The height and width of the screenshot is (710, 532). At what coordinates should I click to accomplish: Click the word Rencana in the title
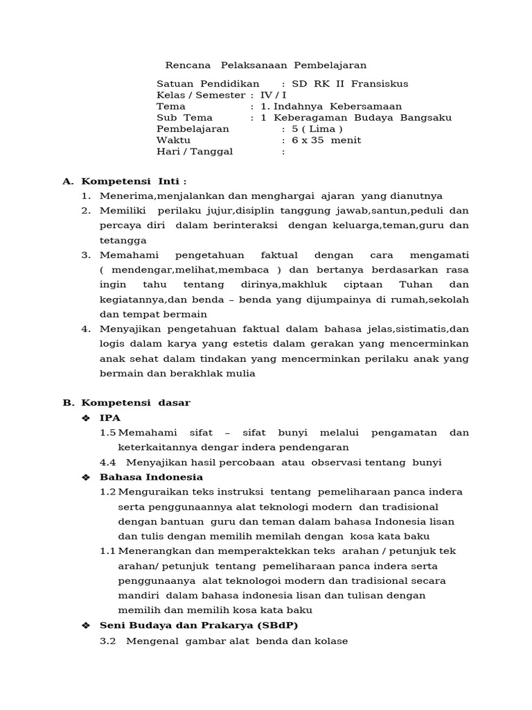pos(187,65)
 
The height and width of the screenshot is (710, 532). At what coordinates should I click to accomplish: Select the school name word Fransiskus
pos(380,84)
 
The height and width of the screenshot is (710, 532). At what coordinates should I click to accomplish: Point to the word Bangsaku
pos(427,117)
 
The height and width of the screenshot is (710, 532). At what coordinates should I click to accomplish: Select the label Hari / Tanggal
pos(195,151)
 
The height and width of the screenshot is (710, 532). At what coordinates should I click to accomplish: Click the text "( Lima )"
pos(317,129)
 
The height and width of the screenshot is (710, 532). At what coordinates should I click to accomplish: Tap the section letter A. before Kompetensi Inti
pos(68,181)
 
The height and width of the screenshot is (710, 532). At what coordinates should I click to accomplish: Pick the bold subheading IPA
pos(110,417)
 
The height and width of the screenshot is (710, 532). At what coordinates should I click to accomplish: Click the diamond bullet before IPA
pos(86,417)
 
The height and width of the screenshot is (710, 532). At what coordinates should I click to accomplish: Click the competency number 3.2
pos(107,641)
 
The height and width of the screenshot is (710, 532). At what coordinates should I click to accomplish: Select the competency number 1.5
pos(107,433)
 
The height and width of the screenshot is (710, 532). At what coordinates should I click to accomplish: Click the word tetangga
pos(123,241)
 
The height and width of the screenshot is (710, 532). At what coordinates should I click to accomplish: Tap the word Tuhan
pos(416,285)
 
